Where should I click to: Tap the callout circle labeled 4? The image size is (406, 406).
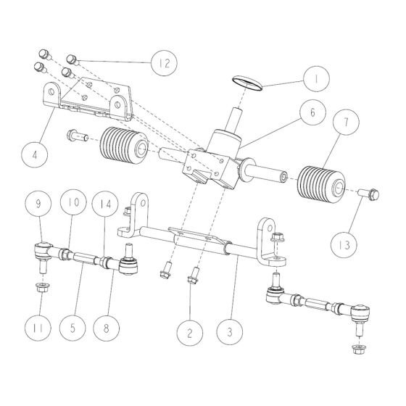coord(35,154)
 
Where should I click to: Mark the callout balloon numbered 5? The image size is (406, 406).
coord(74,326)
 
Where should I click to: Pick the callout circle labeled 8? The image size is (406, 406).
coord(108,326)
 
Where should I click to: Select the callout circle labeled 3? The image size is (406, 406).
coord(230,333)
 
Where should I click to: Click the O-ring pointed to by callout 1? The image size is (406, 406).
coord(247,82)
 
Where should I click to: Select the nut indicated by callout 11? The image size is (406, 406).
coord(41,289)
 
